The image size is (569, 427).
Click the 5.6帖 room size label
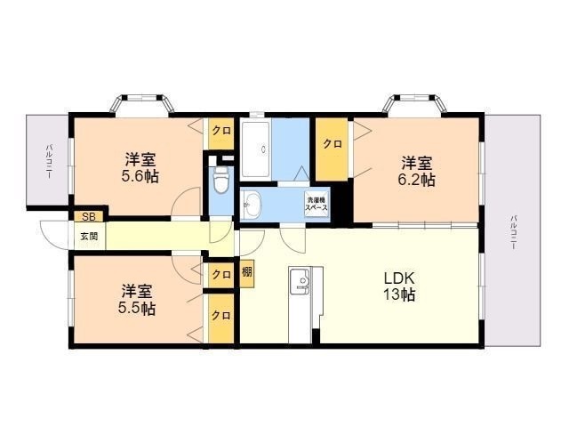point(140,177)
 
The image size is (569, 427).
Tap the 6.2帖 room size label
point(416,180)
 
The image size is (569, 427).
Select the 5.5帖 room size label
point(137,309)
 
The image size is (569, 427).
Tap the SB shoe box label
point(87,216)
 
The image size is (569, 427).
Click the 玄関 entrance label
point(89,236)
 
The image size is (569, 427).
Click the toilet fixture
point(221,181)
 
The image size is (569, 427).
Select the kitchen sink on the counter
point(301,283)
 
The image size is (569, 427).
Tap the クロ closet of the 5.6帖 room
point(220,131)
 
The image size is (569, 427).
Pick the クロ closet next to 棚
point(220,274)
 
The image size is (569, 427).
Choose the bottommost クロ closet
point(220,316)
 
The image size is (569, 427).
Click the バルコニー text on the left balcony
point(48,162)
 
